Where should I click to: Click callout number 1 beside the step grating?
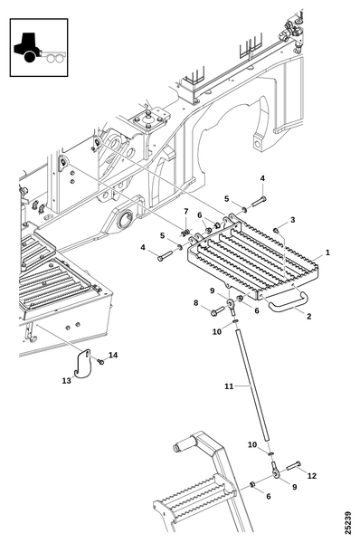tap(327, 252)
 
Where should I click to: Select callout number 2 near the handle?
tap(308, 316)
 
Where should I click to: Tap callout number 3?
tap(292, 220)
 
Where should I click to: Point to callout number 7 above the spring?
tap(186, 211)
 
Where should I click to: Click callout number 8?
tap(196, 303)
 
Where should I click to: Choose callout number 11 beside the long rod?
tap(229, 386)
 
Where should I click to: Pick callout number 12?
tap(312, 476)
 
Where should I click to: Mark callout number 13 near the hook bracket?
tap(66, 381)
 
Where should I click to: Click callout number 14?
tap(113, 355)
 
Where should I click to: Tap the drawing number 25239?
tap(347, 522)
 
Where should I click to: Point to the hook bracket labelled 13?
tap(82, 364)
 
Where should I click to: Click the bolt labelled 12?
tap(294, 466)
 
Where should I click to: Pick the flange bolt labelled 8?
tap(217, 310)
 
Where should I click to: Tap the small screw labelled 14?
tap(101, 361)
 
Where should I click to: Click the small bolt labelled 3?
tap(276, 230)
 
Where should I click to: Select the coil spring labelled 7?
tap(186, 233)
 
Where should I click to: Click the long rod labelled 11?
tap(252, 385)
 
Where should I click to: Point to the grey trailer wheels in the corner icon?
tap(55, 58)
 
